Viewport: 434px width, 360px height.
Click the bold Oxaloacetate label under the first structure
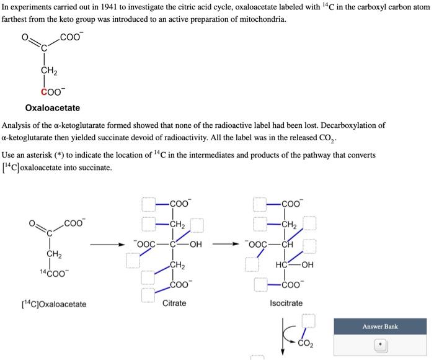pyautogui.click(x=52, y=108)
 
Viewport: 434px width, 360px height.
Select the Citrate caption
pyautogui.click(x=174, y=303)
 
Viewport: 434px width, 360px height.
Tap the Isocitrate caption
pyautogui.click(x=286, y=303)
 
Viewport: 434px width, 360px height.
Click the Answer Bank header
pyautogui.click(x=380, y=326)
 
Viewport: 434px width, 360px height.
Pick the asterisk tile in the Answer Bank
pyautogui.click(x=381, y=345)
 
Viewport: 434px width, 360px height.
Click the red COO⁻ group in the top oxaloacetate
pyautogui.click(x=52, y=92)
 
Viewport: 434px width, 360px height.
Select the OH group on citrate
pyautogui.click(x=195, y=244)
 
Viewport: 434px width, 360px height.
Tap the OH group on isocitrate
pyautogui.click(x=307, y=265)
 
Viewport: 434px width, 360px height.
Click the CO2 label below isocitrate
pyautogui.click(x=306, y=343)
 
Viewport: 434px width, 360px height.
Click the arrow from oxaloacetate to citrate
pyautogui.click(x=109, y=244)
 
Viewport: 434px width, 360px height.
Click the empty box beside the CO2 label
pyautogui.click(x=309, y=321)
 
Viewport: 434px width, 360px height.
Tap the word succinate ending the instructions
pyautogui.click(x=95, y=168)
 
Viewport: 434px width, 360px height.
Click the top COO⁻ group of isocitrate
pyautogui.click(x=291, y=204)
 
